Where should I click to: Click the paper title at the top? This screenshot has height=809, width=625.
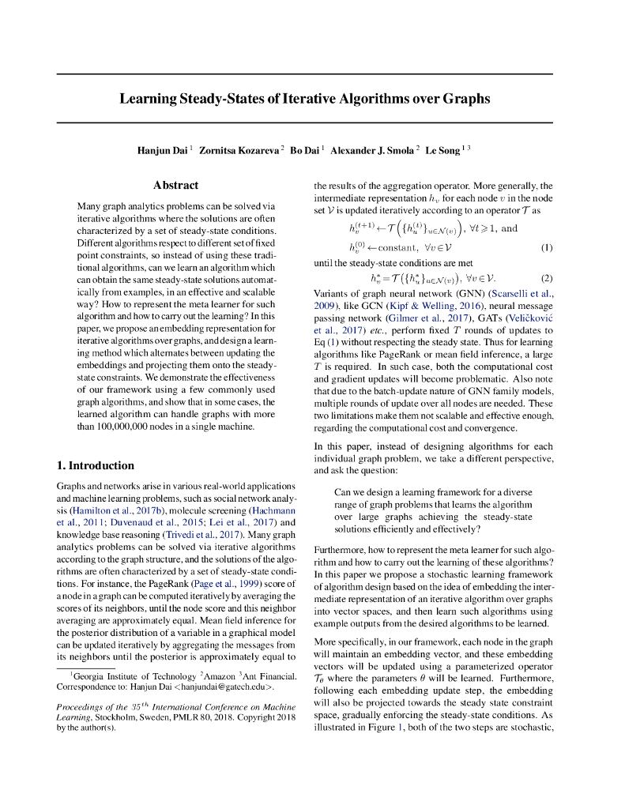[305, 99]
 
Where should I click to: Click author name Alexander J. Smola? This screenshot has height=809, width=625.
[372, 150]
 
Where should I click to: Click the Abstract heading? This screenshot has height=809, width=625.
[175, 185]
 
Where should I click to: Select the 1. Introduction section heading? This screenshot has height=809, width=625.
[96, 465]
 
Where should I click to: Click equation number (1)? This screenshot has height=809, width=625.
[546, 247]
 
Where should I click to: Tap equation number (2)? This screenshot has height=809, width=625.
[546, 278]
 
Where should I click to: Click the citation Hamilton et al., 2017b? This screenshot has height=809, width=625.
[110, 510]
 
